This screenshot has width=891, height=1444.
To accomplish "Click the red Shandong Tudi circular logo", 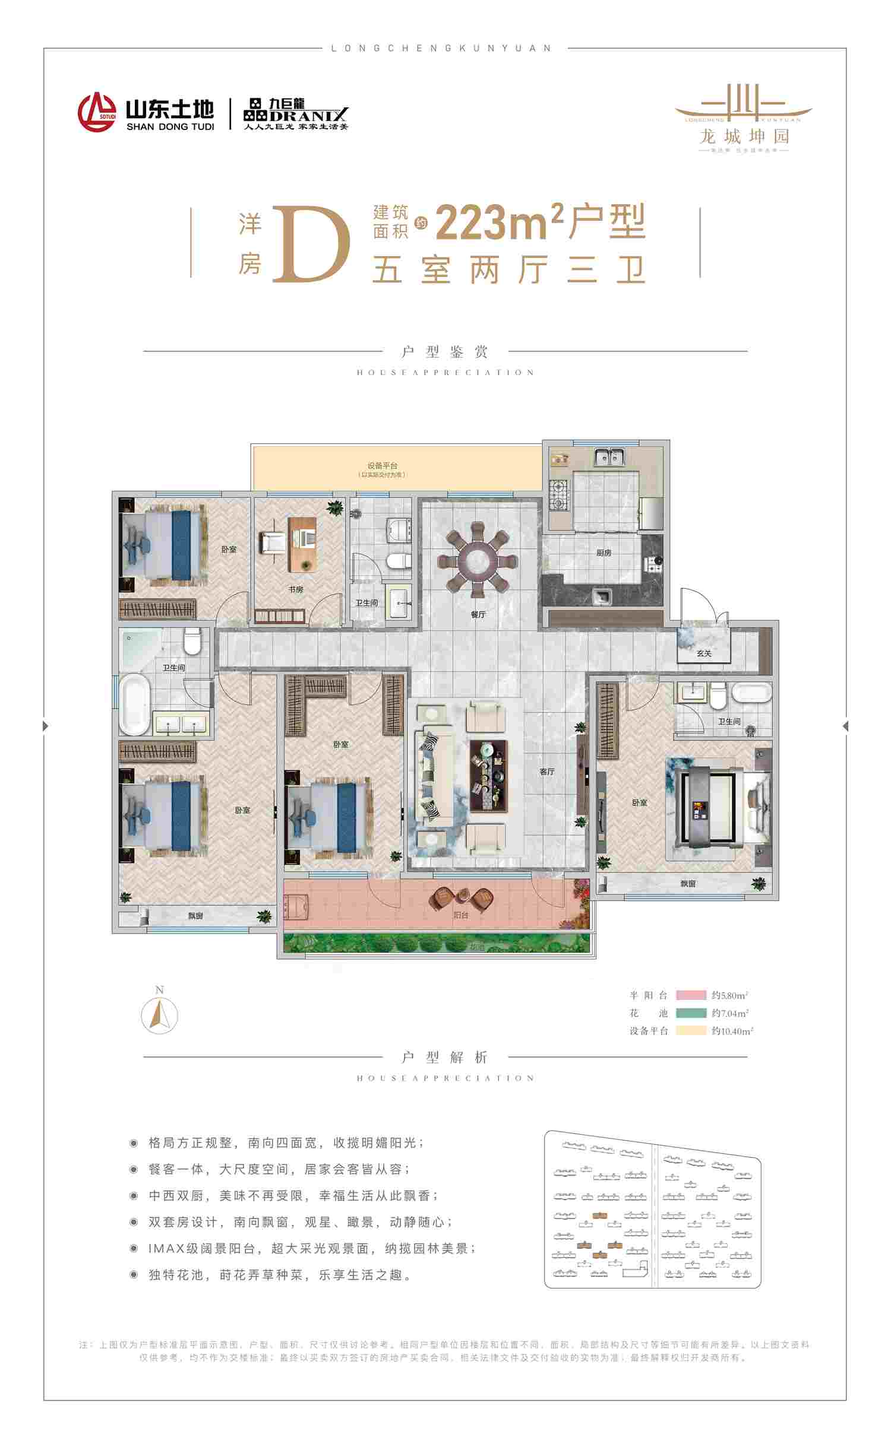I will [96, 112].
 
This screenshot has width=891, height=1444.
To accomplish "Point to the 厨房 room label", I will [604, 553].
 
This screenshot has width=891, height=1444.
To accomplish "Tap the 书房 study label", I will [296, 589].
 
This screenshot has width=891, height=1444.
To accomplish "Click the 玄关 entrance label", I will [704, 653].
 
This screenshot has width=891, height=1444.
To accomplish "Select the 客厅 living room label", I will [547, 772].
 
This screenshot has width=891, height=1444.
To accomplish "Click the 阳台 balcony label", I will [460, 915].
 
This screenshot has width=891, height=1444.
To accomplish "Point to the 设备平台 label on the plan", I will [382, 466].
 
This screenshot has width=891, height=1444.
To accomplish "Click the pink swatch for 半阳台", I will [691, 995].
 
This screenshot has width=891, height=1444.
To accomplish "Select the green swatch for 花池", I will [691, 1013].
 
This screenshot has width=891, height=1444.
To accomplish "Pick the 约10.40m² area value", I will [732, 1031].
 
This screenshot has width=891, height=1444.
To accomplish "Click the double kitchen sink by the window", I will [608, 457].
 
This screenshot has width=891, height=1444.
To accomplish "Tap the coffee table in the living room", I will [489, 775].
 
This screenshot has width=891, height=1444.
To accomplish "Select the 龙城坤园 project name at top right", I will [744, 137].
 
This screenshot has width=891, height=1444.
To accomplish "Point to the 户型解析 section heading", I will [445, 1057].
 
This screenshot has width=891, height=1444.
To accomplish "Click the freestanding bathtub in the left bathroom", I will [135, 704].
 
